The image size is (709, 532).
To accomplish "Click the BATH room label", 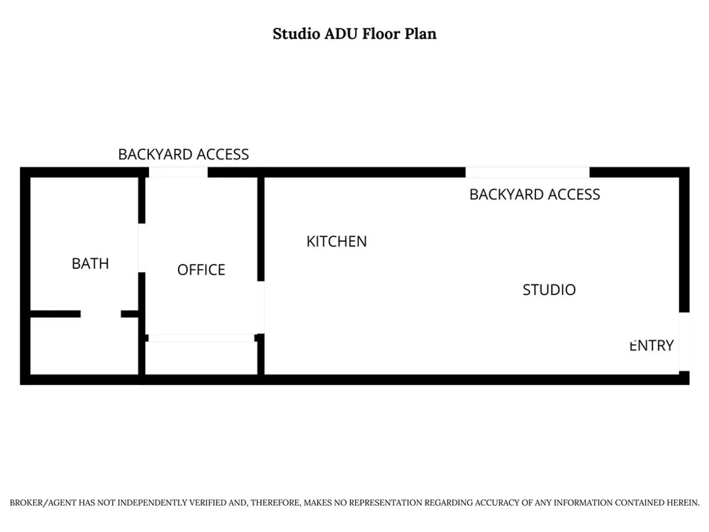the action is tap(91, 263).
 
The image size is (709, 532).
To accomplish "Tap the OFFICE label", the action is tap(201, 270).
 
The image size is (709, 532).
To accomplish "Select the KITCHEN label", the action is tap(336, 242).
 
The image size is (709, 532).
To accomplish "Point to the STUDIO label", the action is tap(549, 289).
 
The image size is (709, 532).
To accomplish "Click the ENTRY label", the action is tap(652, 345).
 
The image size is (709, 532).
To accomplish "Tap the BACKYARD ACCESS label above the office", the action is tap(183, 154).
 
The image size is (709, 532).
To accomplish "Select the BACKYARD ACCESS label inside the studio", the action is tap(535, 194).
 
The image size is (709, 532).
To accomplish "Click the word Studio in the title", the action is tap(296, 34).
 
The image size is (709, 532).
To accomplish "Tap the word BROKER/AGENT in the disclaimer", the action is tap(43, 503).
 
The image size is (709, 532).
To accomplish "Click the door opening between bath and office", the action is tap(142, 248).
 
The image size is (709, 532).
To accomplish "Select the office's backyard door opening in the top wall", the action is tap(178, 172).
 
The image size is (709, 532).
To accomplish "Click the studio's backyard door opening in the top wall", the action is tap(527, 172).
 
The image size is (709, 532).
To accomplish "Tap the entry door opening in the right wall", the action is tap(684, 342).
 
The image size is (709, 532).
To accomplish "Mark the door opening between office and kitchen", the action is tap(261, 308).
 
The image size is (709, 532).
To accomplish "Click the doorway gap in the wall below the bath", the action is tap(101, 314).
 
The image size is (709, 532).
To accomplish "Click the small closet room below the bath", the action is tap(84, 346).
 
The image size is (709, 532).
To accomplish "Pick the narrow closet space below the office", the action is tap(201, 358).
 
